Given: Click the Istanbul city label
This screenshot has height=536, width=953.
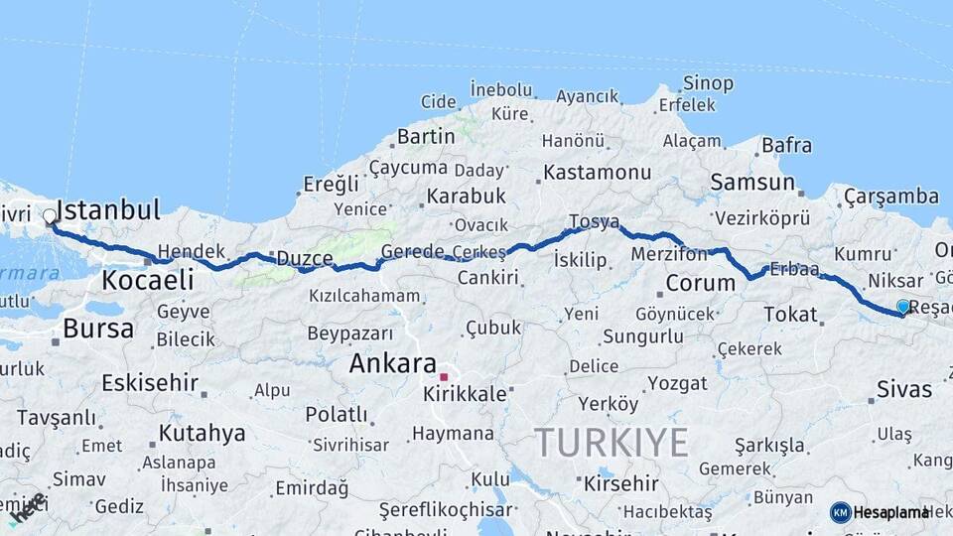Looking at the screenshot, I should click(108, 209).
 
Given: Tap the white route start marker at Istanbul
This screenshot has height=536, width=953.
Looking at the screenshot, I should click(50, 215).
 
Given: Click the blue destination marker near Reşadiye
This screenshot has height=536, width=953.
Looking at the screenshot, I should click(902, 307).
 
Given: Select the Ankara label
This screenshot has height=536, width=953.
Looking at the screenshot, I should click(392, 363).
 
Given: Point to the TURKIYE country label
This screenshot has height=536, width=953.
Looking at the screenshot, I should click(611, 442).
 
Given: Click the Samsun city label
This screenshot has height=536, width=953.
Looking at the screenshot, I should click(752, 183).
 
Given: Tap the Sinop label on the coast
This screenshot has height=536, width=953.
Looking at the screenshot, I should click(709, 83).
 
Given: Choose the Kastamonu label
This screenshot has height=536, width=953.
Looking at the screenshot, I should click(597, 173).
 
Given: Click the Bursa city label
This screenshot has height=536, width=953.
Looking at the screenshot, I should click(97, 328).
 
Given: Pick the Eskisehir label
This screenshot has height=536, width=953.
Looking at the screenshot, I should click(149, 382).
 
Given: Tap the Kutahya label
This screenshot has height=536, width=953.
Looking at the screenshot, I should click(202, 433).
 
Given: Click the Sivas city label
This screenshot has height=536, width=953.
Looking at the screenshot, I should click(904, 389).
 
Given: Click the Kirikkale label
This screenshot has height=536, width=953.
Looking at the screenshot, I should click(465, 393).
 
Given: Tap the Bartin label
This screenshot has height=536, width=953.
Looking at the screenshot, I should click(425, 136).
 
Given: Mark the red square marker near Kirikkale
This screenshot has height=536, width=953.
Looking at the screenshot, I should click(445, 377).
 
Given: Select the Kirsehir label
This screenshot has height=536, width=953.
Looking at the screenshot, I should click(620, 483).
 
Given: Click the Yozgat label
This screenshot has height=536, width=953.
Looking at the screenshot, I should click(677, 383).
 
